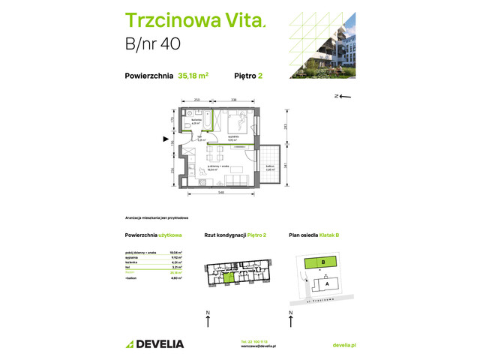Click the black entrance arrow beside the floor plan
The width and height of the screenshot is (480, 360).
coord(166,139)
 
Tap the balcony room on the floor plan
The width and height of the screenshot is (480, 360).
coord(269,167)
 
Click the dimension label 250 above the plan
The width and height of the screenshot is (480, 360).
coord(196,99)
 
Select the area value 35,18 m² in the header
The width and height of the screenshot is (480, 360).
coord(194,75)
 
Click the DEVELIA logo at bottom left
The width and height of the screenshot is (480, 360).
coord(154,344)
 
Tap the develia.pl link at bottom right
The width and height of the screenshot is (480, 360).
coord(343,344)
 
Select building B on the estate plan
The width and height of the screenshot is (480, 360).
coord(322,262)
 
